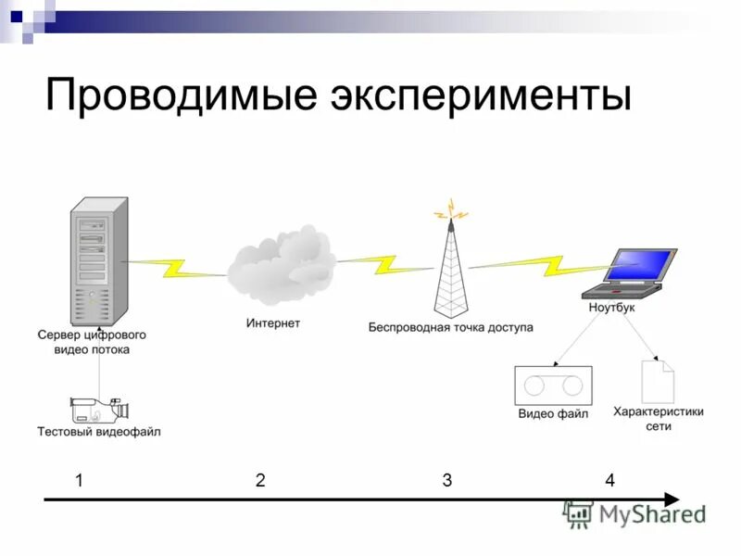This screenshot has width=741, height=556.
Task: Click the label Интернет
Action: (x=273, y=324)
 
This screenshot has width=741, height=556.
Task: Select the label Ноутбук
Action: (x=611, y=307)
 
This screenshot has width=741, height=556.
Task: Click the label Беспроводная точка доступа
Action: (x=450, y=327)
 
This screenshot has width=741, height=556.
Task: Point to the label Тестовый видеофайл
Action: (x=98, y=432)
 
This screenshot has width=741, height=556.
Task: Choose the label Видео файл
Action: (x=553, y=414)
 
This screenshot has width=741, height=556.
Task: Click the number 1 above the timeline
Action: (x=80, y=480)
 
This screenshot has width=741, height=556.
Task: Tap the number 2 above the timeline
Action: (x=260, y=480)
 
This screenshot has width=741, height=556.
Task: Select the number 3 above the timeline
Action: (x=446, y=480)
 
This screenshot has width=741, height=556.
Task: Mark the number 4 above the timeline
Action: (x=609, y=480)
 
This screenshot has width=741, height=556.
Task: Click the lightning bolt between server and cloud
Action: (x=176, y=269)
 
